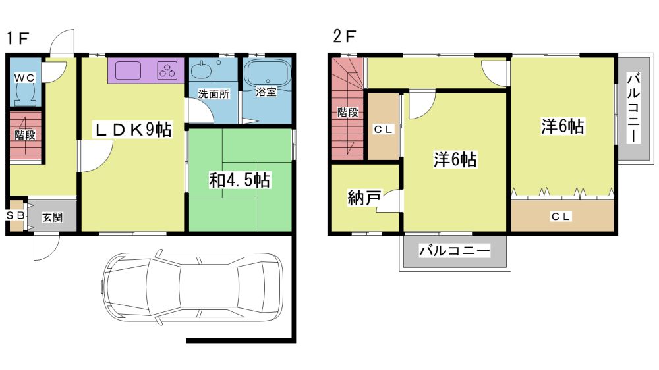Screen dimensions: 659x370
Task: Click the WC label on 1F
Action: click(x=24, y=78)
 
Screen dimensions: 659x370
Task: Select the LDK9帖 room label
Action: click(x=133, y=130)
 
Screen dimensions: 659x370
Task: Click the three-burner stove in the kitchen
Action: click(x=167, y=70)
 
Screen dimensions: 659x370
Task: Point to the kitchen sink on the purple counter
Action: click(x=128, y=70)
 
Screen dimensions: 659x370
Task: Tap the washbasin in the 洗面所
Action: click(x=202, y=70)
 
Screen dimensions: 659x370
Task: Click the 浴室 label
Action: click(x=266, y=92)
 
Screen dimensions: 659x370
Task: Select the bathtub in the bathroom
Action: click(x=268, y=72)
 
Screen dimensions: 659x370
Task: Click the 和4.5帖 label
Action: click(x=240, y=180)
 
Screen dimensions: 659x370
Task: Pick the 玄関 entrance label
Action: click(x=53, y=217)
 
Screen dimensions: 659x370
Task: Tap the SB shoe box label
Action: click(x=16, y=215)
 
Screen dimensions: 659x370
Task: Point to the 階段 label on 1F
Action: click(x=25, y=135)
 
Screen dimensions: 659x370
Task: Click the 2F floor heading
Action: click(x=344, y=36)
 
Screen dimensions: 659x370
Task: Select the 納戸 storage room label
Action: click(x=364, y=198)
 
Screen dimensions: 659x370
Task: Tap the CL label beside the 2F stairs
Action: click(x=384, y=129)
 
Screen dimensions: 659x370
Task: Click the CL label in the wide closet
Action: click(x=561, y=217)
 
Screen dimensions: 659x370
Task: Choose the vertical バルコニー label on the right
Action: click(x=633, y=107)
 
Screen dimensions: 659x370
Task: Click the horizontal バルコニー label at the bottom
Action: click(x=455, y=251)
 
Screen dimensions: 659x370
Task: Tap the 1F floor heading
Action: click(x=18, y=38)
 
